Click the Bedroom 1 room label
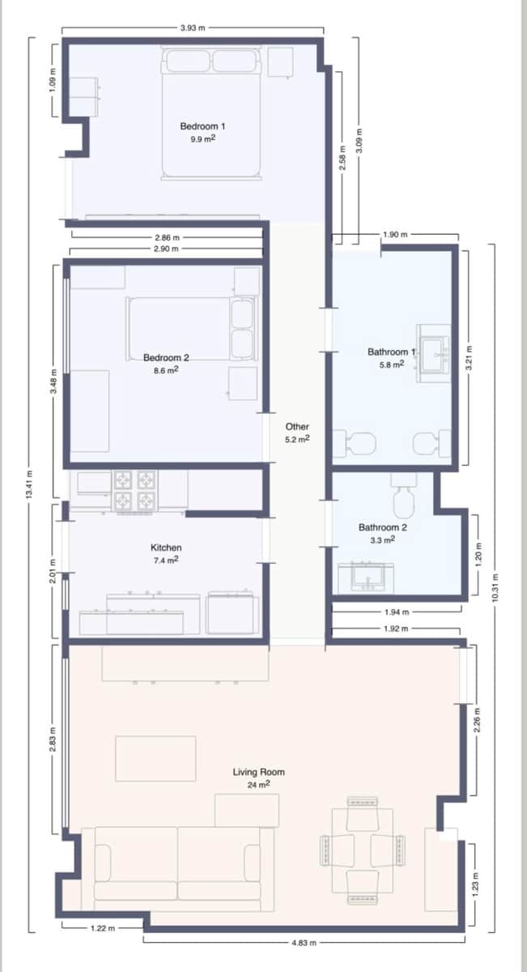202,126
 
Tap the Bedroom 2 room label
166,357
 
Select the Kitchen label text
166,548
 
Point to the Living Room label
259,772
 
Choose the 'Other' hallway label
297,426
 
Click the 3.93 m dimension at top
192,28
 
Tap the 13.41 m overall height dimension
31,486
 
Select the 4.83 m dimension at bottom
305,943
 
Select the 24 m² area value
259,784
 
